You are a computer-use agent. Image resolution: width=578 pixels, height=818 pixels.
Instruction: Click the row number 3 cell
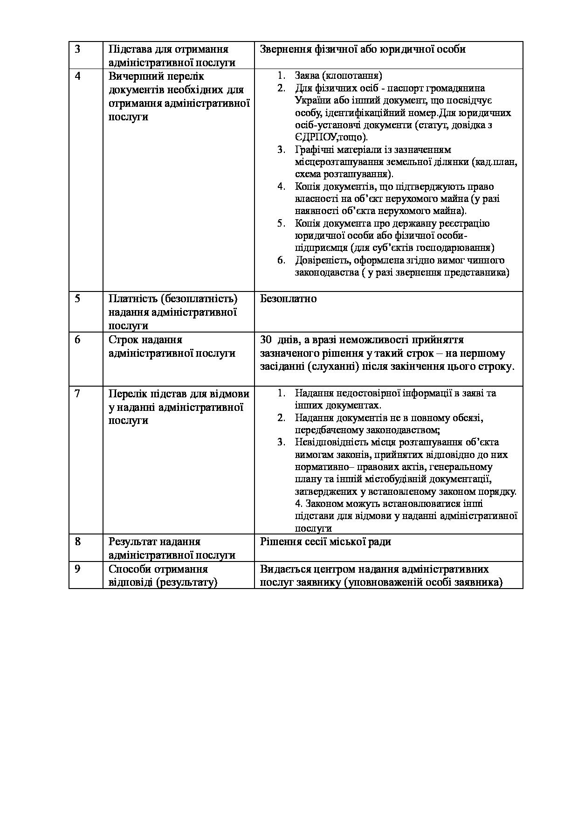click(78, 49)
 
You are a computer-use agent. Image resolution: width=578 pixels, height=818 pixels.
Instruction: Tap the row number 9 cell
click(78, 569)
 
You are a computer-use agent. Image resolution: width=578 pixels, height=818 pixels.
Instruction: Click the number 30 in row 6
click(266, 340)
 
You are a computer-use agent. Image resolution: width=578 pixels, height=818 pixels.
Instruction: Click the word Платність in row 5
click(132, 298)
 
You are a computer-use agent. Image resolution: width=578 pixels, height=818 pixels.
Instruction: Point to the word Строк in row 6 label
click(123, 340)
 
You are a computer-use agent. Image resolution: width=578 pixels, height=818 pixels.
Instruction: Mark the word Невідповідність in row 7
click(331, 442)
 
